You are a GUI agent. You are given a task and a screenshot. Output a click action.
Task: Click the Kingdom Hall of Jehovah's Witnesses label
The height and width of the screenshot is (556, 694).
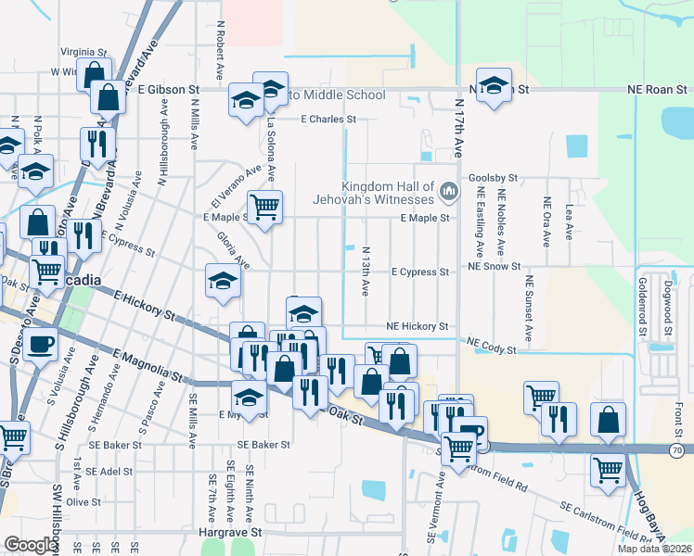[388, 193]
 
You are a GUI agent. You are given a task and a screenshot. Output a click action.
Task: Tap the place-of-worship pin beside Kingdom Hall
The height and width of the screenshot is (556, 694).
[450, 192]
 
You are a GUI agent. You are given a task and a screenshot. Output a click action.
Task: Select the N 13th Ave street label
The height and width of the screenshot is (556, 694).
[366, 272]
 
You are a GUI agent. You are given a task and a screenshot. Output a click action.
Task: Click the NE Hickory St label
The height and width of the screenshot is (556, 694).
[418, 327]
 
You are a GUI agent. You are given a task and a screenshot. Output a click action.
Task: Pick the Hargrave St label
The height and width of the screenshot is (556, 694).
[232, 533]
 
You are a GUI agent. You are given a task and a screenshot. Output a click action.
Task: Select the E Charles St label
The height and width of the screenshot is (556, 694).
[328, 120]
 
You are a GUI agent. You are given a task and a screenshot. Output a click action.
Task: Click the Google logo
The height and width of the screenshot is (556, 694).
[31, 545]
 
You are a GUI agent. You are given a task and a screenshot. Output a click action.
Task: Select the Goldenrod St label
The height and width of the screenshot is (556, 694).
[640, 303]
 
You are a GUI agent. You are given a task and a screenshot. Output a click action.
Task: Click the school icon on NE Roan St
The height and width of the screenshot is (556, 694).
[495, 84]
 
